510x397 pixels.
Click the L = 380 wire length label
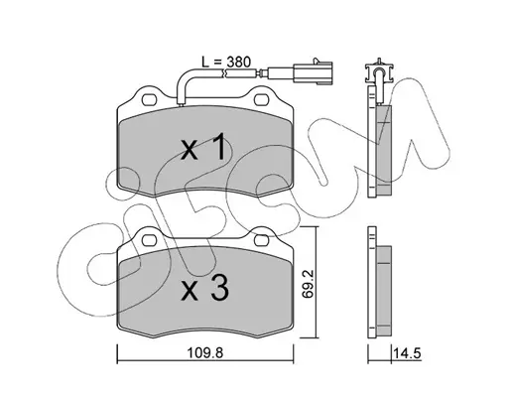226,62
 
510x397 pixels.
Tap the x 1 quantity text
204,147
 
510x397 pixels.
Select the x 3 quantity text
205,288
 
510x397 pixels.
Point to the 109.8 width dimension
205,353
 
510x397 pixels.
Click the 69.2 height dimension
307,284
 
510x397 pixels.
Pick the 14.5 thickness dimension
407,353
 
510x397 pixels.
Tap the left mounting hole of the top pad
149,99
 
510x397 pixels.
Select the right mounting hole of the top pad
261,99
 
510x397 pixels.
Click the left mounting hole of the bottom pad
149,240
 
